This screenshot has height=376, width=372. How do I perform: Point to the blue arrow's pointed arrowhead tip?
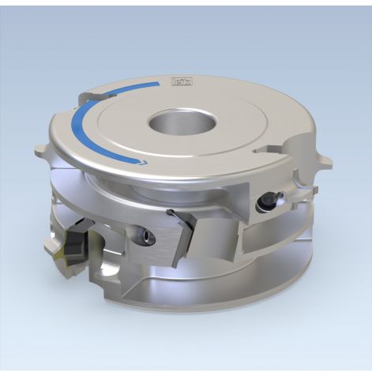tap(146, 163)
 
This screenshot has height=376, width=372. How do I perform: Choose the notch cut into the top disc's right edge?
tap(260, 148)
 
